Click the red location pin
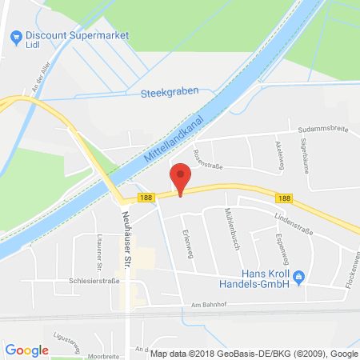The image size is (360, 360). pos(182,177)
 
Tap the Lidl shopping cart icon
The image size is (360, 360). pos(14,36)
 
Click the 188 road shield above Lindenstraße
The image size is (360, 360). pos(284,198)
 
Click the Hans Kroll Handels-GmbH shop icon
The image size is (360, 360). pos(299,278)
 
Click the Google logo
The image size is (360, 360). pos(27,350)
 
